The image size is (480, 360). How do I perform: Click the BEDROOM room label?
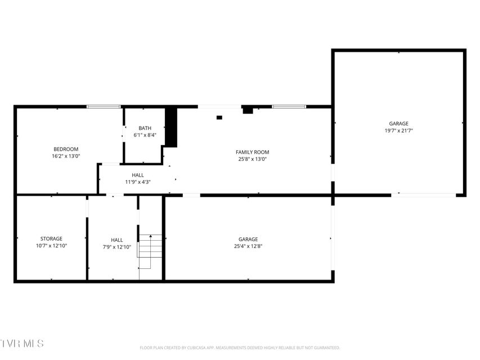point(66,149)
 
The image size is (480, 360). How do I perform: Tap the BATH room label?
point(145,128)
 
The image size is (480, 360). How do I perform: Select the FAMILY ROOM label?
point(253,152)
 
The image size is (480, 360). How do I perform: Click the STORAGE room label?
point(51,238)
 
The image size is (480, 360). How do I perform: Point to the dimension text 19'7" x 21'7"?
point(399,130)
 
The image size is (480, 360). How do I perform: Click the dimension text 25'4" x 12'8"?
point(248,246)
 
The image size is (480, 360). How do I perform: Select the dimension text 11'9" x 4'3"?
point(138,182)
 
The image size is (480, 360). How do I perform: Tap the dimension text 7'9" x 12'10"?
point(117,247)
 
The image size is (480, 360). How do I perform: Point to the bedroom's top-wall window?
point(104,106)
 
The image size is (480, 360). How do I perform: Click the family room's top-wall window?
point(289,106)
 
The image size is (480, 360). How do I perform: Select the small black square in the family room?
point(219,118)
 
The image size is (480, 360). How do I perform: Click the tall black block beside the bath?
point(172,127)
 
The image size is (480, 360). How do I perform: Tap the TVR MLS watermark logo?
point(22,344)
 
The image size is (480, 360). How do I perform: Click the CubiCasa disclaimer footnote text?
point(240,348)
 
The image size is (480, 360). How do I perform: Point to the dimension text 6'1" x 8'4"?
point(145,135)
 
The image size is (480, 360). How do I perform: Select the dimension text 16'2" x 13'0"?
point(66,156)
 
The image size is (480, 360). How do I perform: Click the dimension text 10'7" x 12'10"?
point(51,246)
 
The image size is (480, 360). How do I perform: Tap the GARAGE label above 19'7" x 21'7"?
point(398,124)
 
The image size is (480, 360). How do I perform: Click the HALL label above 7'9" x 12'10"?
point(117,240)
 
